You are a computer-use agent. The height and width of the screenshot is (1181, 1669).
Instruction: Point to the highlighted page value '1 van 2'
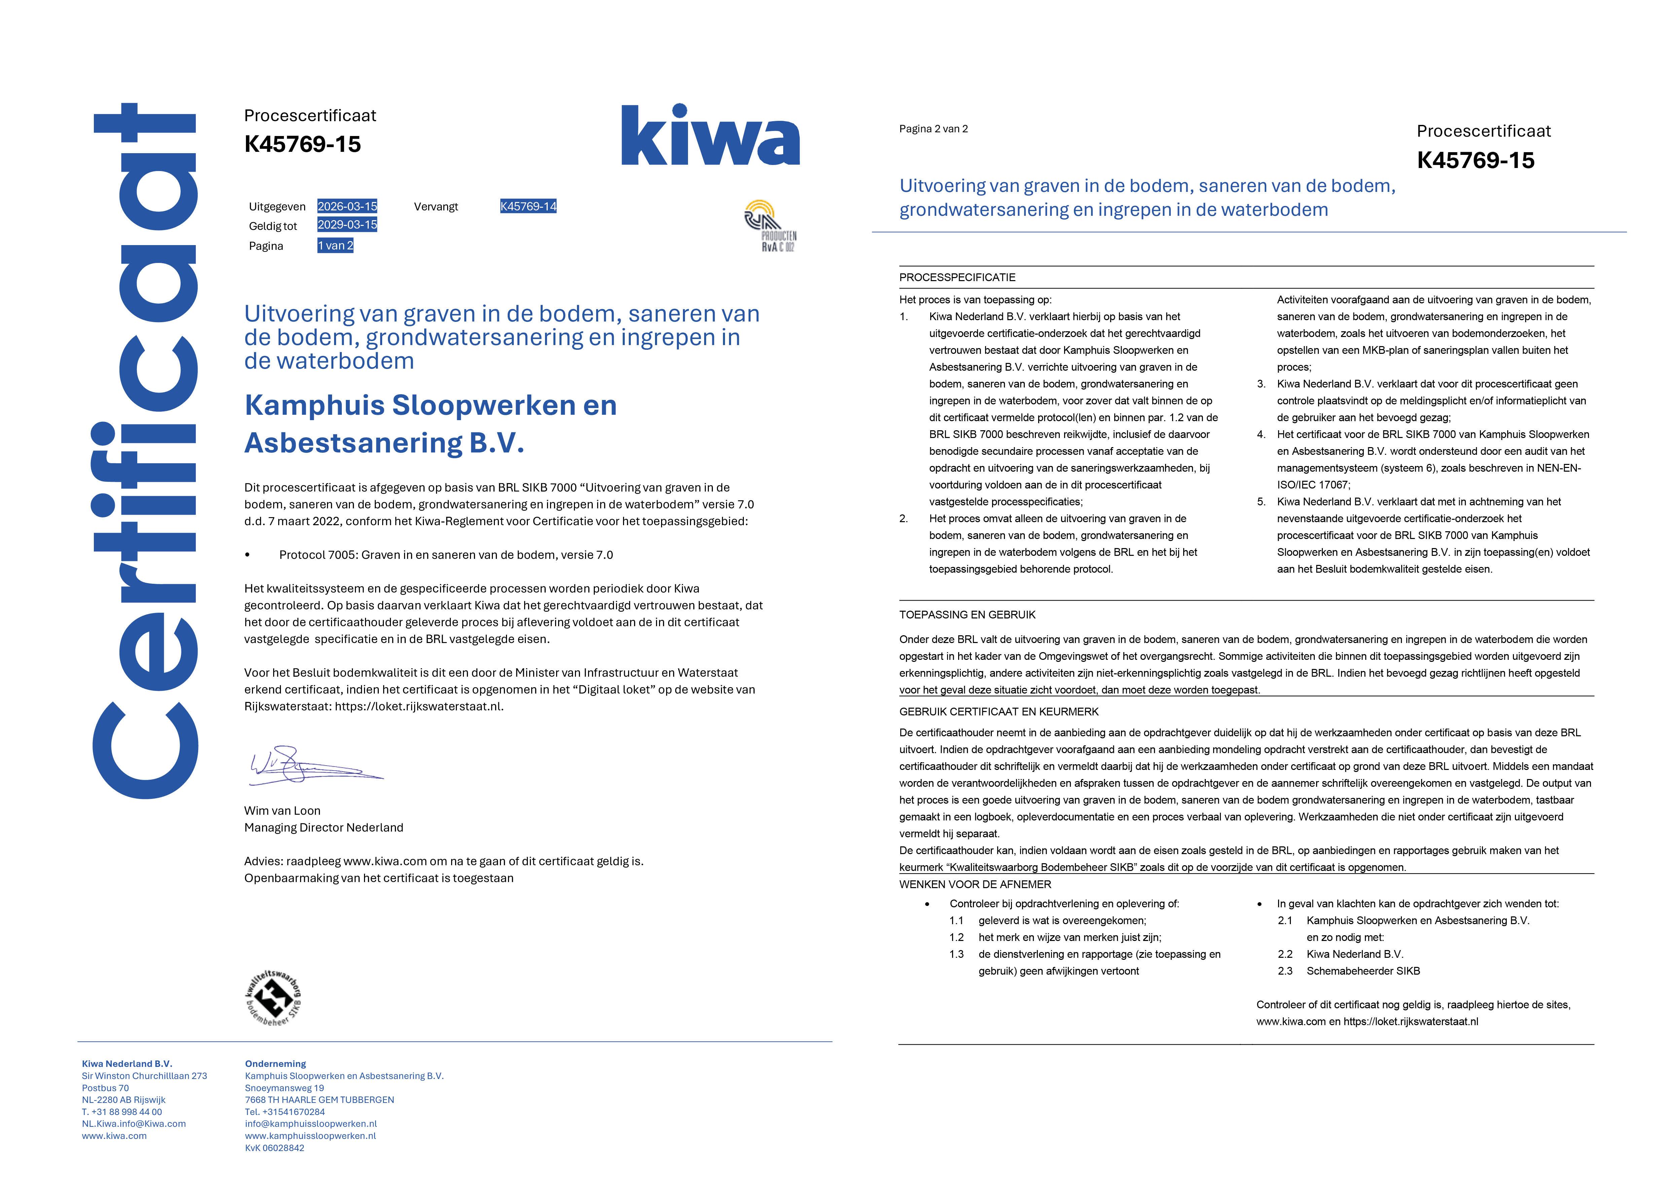[335, 246]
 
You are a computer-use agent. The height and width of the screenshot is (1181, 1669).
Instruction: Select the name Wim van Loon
[282, 811]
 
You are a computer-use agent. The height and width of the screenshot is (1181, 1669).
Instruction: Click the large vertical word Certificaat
[145, 451]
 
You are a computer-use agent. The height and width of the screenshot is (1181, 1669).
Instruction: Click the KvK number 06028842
[275, 1148]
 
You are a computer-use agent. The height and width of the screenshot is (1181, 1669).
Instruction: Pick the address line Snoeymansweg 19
[284, 1089]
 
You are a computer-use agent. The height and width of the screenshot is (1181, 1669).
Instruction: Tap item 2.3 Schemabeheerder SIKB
[1362, 972]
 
